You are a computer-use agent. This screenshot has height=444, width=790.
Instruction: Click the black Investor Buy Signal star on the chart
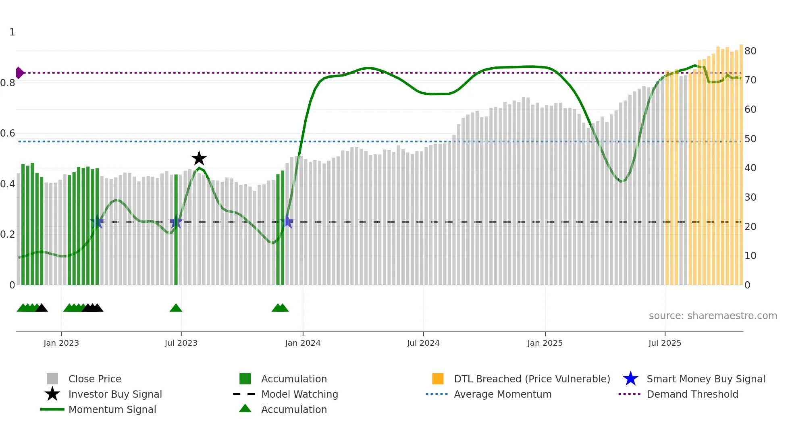coord(199,159)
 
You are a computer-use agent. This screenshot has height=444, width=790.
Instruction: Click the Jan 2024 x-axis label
coord(303,343)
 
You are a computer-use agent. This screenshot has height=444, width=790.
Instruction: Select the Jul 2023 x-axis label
coord(181,343)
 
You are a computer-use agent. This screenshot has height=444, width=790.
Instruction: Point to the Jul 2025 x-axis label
coord(665,343)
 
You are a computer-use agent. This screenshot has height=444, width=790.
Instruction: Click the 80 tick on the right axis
coord(750,51)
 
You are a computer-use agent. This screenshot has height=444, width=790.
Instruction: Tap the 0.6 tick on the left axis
coord(8,133)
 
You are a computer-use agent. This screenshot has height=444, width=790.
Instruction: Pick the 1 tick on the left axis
coord(12,32)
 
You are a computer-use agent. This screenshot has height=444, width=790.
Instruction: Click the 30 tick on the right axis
coord(750,197)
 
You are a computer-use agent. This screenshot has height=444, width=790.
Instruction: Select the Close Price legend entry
coord(95,379)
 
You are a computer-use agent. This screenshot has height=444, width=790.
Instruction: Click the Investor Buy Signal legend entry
coord(115,394)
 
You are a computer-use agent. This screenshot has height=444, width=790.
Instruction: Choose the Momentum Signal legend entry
coord(112,409)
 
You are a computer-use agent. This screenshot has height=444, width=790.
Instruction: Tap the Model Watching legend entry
coord(299,394)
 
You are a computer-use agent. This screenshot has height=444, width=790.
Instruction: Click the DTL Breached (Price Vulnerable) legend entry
coord(532,379)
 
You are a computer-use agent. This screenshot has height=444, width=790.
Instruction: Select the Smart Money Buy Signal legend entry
coord(705,379)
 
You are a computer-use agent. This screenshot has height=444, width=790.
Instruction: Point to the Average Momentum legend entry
coord(503,394)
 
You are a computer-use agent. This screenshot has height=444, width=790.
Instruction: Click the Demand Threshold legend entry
coord(692,394)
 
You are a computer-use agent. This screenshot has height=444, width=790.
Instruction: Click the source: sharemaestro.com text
coord(713,316)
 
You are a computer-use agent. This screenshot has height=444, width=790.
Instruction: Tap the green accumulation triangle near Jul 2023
coord(176,308)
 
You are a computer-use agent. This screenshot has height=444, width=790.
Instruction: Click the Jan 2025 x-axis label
coord(545,343)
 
